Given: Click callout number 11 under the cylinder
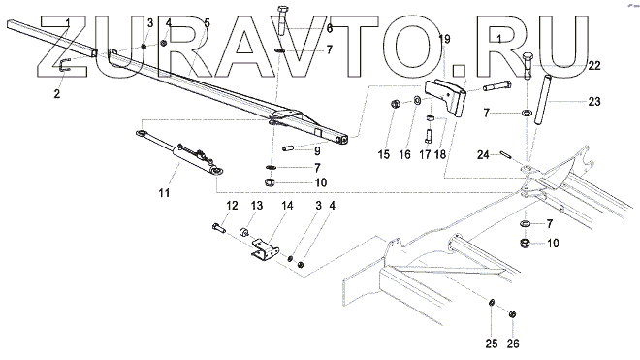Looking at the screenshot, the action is click(x=164, y=192).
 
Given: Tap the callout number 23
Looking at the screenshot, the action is click(x=594, y=101).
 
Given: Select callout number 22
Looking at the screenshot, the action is click(x=594, y=65).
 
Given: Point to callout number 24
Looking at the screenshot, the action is click(x=483, y=155).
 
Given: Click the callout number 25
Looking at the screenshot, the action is click(x=492, y=344).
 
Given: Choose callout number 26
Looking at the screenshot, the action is click(x=513, y=344).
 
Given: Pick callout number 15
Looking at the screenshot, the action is click(x=384, y=154).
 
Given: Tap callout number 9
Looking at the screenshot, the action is click(x=317, y=151).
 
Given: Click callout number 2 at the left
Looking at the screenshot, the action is click(x=57, y=93).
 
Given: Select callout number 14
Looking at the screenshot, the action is click(x=287, y=205).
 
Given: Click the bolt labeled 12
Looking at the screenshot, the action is click(x=218, y=227).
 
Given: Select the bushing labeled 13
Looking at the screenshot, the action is click(x=244, y=233).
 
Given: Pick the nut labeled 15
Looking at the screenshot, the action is click(x=395, y=104).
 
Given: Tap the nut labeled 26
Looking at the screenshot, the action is click(x=513, y=313).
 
